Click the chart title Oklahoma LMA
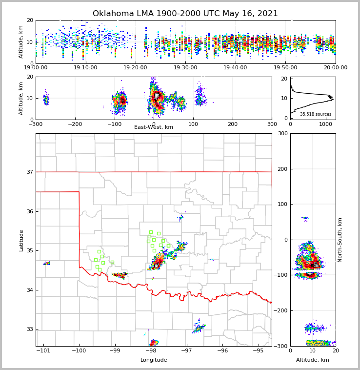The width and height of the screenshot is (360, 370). click(x=185, y=14)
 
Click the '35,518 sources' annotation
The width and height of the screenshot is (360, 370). click(x=316, y=114)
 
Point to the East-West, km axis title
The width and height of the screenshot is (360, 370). click(x=154, y=127)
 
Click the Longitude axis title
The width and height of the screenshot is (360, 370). click(x=154, y=360)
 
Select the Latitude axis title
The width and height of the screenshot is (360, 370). click(x=21, y=240)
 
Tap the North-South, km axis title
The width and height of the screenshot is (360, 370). click(x=340, y=240)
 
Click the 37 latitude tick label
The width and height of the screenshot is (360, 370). click(x=29, y=172)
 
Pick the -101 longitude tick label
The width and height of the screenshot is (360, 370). click(x=44, y=350)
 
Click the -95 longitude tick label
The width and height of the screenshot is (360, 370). click(x=258, y=350)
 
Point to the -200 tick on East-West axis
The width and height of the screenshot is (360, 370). click(x=75, y=124)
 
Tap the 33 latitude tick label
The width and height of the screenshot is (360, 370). click(x=29, y=329)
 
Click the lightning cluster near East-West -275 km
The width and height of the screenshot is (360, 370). click(x=46, y=100)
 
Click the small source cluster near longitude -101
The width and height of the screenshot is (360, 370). click(x=47, y=264)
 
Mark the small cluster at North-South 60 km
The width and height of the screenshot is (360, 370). click(x=305, y=218)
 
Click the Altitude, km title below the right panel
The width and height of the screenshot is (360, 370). click(x=313, y=360)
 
